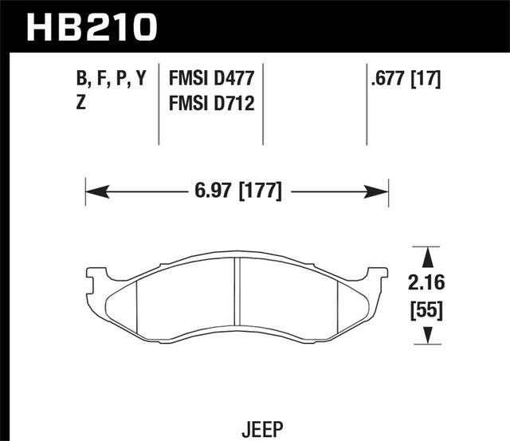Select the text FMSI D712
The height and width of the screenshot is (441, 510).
click(x=212, y=103)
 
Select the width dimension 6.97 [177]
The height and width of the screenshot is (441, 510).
click(x=237, y=191)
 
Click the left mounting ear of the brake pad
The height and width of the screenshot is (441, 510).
click(x=96, y=278)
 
